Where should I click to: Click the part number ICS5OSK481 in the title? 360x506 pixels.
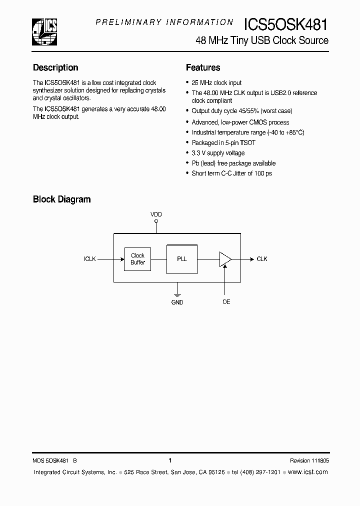[x=286, y=24]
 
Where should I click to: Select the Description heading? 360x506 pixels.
[x=55, y=67]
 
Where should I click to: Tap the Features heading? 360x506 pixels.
[x=203, y=67]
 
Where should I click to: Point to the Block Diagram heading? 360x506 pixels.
[x=61, y=199]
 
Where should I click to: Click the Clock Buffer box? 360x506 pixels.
[x=137, y=259]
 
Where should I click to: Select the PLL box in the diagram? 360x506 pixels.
[x=182, y=259]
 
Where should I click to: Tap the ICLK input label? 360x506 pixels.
[x=90, y=259]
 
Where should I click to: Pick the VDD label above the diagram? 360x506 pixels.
[x=156, y=214]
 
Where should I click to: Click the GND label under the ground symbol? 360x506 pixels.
[x=177, y=302]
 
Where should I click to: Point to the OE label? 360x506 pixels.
[x=226, y=302]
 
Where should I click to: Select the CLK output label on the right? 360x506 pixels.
[x=262, y=259]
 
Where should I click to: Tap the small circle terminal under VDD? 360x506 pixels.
[x=156, y=221]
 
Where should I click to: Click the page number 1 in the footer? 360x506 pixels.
[x=170, y=460]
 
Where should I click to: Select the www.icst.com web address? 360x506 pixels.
[x=308, y=472]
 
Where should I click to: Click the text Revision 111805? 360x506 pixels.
[x=309, y=460]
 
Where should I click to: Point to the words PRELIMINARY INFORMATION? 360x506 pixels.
[x=164, y=22]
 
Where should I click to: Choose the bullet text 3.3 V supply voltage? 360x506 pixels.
[x=218, y=153]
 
